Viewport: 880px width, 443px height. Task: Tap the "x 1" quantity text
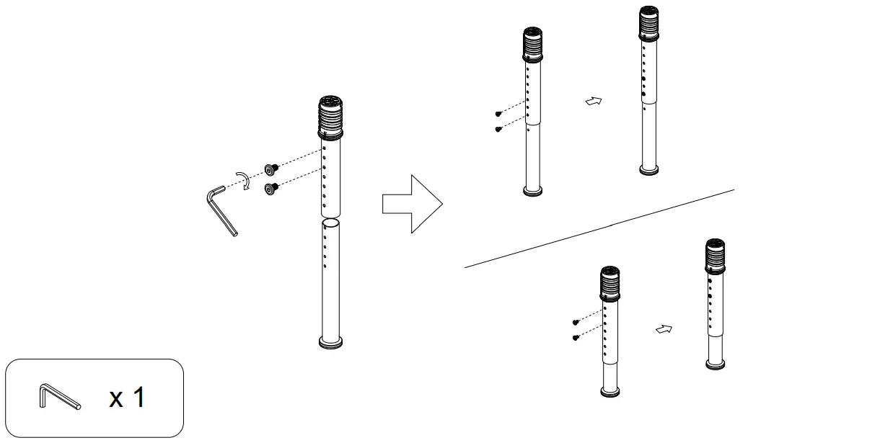pyautogui.click(x=127, y=397)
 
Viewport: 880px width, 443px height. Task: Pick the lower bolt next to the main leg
pyautogui.click(x=272, y=189)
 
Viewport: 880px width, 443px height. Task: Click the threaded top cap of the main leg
pyautogui.click(x=330, y=117)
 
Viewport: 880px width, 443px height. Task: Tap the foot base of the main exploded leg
pyautogui.click(x=330, y=342)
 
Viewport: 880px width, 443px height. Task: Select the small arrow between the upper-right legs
pyautogui.click(x=593, y=102)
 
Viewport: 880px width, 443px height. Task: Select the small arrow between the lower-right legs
pyautogui.click(x=664, y=329)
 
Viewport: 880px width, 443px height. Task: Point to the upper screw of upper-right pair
pyautogui.click(x=498, y=114)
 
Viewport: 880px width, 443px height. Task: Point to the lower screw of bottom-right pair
pyautogui.click(x=576, y=337)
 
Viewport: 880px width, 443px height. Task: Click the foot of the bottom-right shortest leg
pyautogui.click(x=716, y=364)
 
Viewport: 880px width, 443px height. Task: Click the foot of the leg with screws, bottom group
pyautogui.click(x=610, y=392)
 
